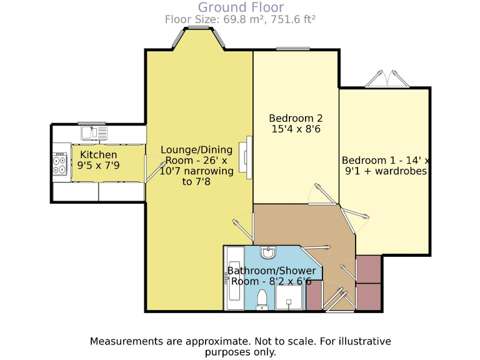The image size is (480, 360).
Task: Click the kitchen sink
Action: (94, 132)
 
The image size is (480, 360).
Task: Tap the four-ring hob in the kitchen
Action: (61, 164)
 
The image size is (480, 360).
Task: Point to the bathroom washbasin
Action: (268, 253)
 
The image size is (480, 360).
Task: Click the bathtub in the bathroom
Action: (234, 278)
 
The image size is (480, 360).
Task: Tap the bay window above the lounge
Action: (199, 40)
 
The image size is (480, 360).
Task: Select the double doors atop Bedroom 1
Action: (386, 79)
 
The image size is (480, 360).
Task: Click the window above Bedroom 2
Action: (293, 49)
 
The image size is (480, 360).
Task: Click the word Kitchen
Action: (99, 155)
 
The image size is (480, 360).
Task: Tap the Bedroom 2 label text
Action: (296, 118)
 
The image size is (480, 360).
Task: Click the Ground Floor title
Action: (241, 7)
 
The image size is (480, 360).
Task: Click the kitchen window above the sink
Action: (92, 123)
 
